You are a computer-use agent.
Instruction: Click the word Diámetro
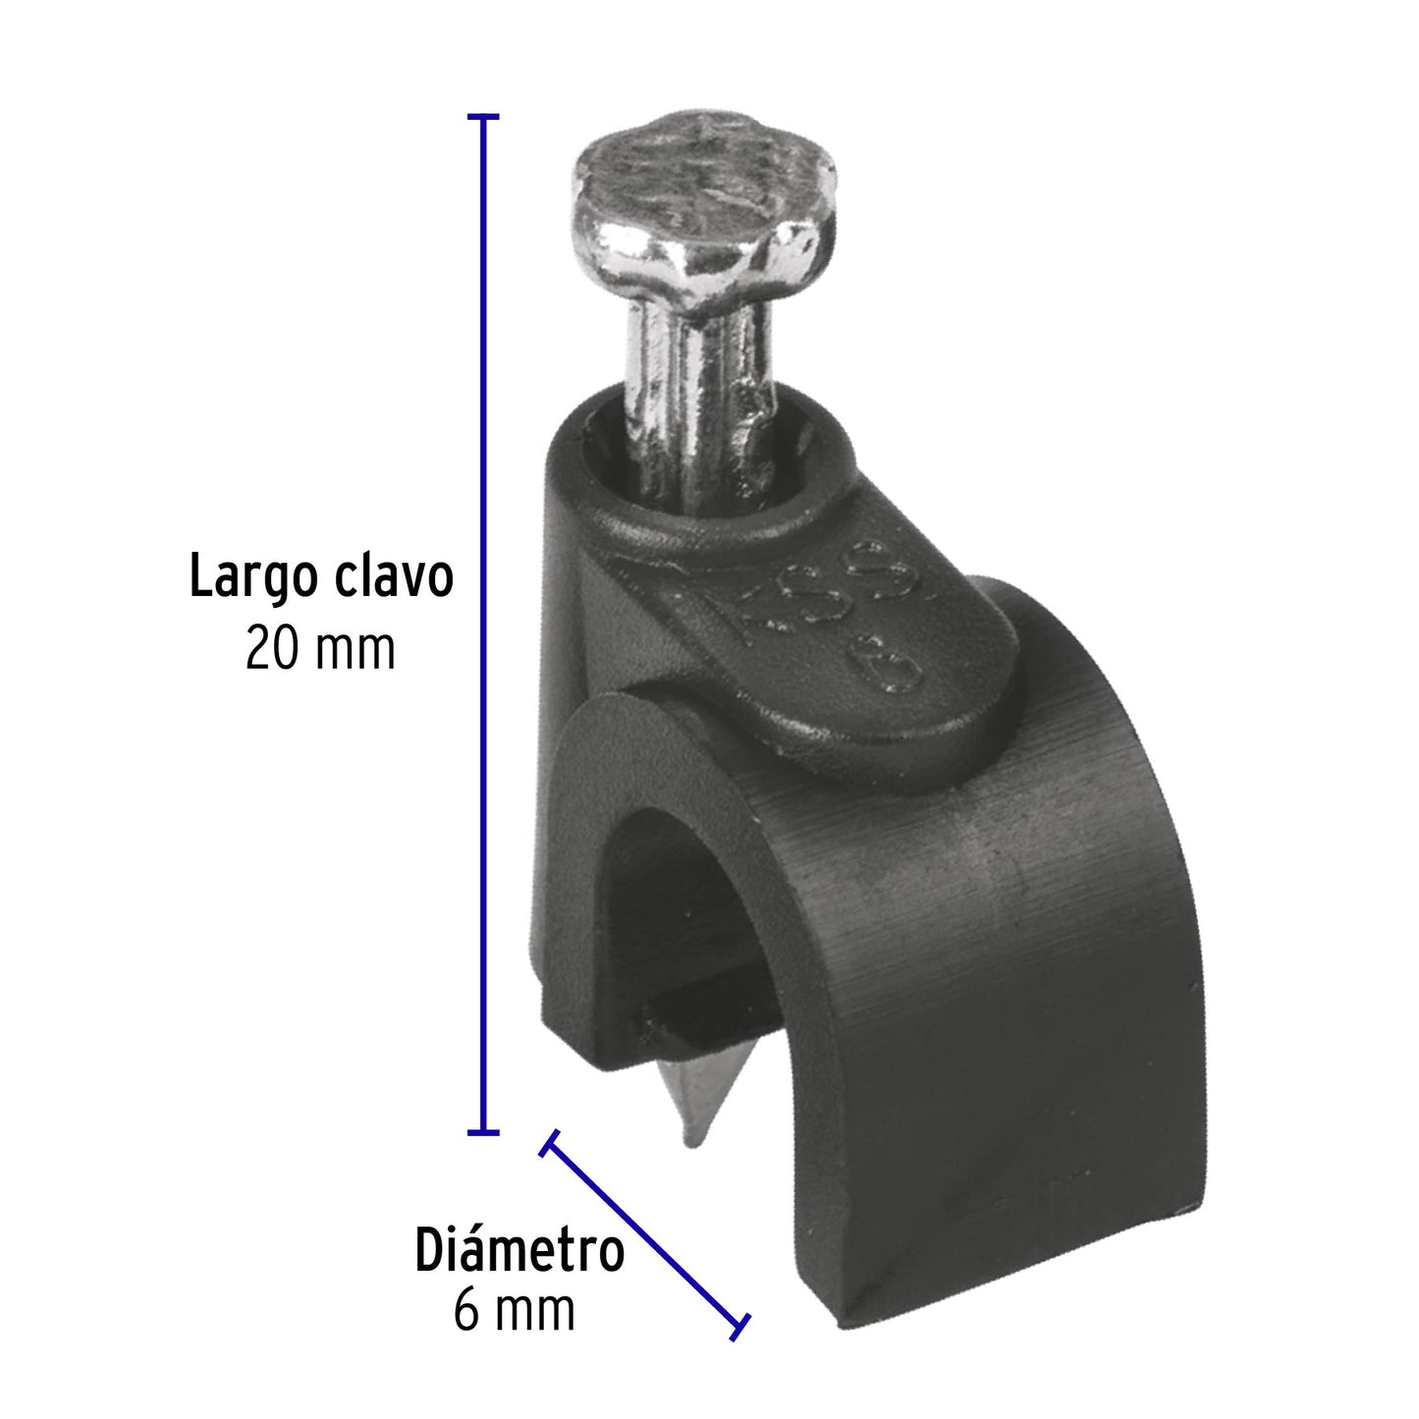pyautogui.click(x=519, y=1251)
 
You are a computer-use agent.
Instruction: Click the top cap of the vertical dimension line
pyautogui.click(x=481, y=117)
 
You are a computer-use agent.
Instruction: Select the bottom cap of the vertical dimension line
pyautogui.click(x=481, y=1132)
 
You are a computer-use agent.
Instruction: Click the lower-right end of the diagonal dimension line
pyautogui.click(x=738, y=1325)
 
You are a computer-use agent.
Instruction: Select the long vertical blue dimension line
pyautogui.click(x=481, y=628)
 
